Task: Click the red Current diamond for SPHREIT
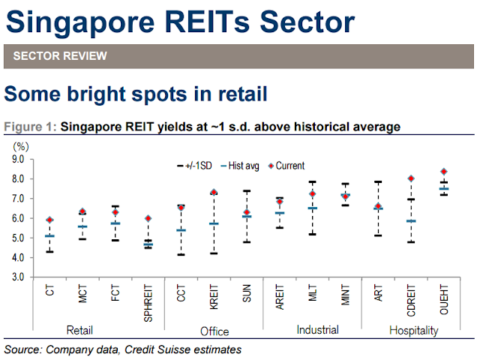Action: pyautogui.click(x=148, y=218)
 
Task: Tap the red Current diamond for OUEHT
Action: pyautogui.click(x=444, y=172)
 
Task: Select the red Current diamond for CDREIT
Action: pyautogui.click(x=411, y=178)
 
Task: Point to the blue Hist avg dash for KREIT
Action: pyautogui.click(x=213, y=223)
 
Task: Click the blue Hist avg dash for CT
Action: pyautogui.click(x=49, y=235)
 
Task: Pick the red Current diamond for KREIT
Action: pyautogui.click(x=213, y=193)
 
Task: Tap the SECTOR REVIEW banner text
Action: pyautogui.click(x=60, y=56)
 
